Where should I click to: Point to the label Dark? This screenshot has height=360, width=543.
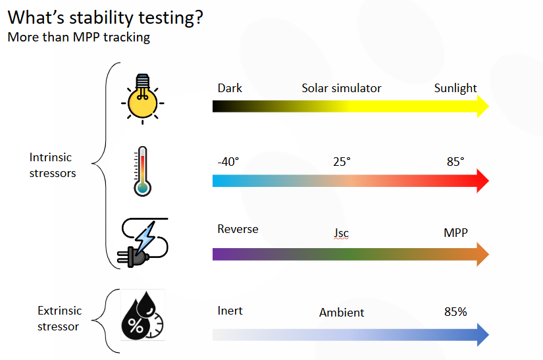(230, 88)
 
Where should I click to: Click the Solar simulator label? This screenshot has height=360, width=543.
(342, 88)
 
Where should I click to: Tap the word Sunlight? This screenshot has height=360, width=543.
(455, 88)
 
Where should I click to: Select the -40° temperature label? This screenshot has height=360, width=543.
(228, 162)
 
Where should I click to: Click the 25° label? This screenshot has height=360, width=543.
(342, 162)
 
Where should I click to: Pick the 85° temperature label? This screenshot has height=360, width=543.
(455, 162)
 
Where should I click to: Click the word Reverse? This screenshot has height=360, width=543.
(238, 229)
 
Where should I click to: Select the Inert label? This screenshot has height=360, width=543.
(230, 310)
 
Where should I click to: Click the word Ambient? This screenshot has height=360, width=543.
(342, 313)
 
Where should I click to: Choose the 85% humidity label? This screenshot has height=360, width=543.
(455, 311)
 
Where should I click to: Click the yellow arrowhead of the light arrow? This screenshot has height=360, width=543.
(482, 106)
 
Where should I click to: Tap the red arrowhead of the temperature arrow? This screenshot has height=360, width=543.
(482, 180)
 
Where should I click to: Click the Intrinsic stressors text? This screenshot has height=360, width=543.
(53, 165)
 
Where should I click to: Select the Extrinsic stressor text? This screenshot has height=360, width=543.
(59, 318)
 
